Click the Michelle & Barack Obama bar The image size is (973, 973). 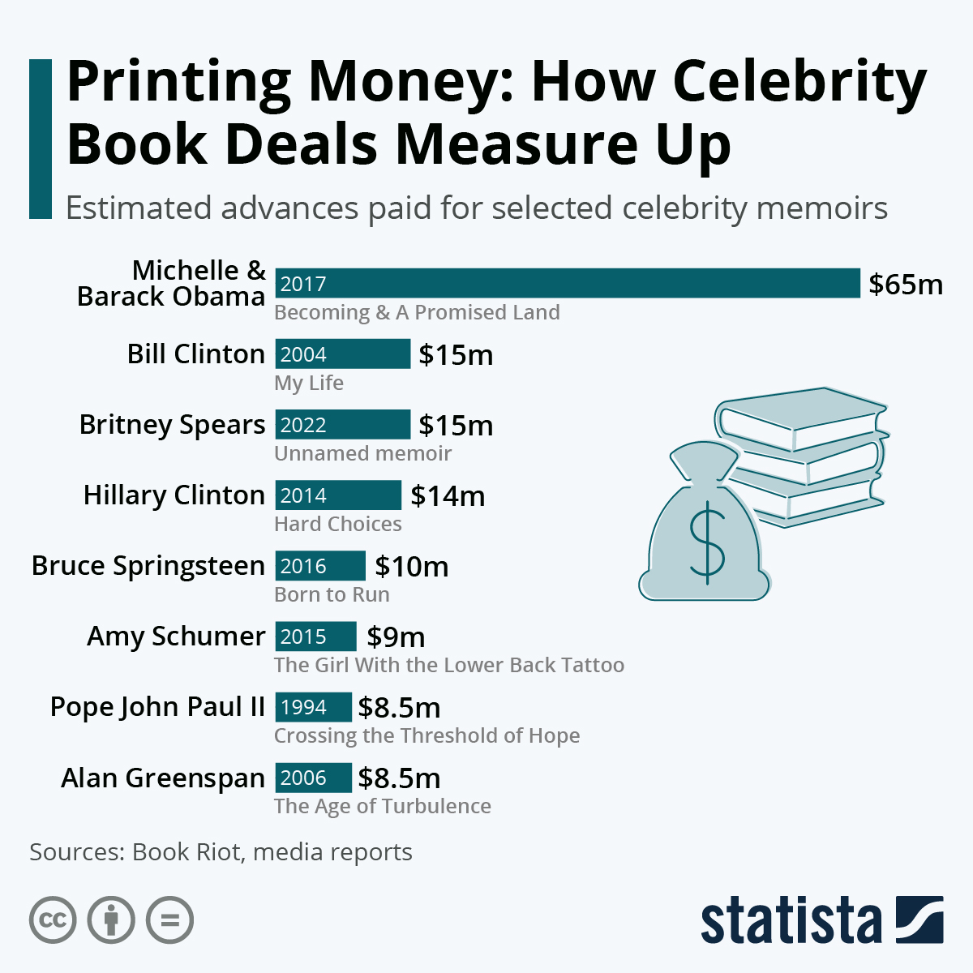[568, 284]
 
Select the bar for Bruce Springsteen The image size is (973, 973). [320, 566]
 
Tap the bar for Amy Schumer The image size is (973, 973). [315, 637]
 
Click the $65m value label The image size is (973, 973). [906, 285]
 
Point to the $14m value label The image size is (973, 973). [448, 495]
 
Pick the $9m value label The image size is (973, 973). [396, 637]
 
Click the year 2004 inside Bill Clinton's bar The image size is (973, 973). [303, 354]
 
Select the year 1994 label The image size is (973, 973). [303, 707]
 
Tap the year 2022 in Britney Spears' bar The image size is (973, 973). [303, 425]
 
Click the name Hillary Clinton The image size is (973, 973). [174, 495]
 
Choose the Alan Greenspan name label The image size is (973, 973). [163, 778]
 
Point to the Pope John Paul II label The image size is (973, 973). [158, 707]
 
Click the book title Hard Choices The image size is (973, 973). [338, 524]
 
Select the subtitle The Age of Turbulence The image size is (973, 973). [383, 806]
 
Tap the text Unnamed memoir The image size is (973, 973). [362, 453]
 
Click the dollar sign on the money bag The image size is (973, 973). [706, 542]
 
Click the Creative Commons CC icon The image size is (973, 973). [53, 920]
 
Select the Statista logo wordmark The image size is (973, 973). [791, 921]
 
